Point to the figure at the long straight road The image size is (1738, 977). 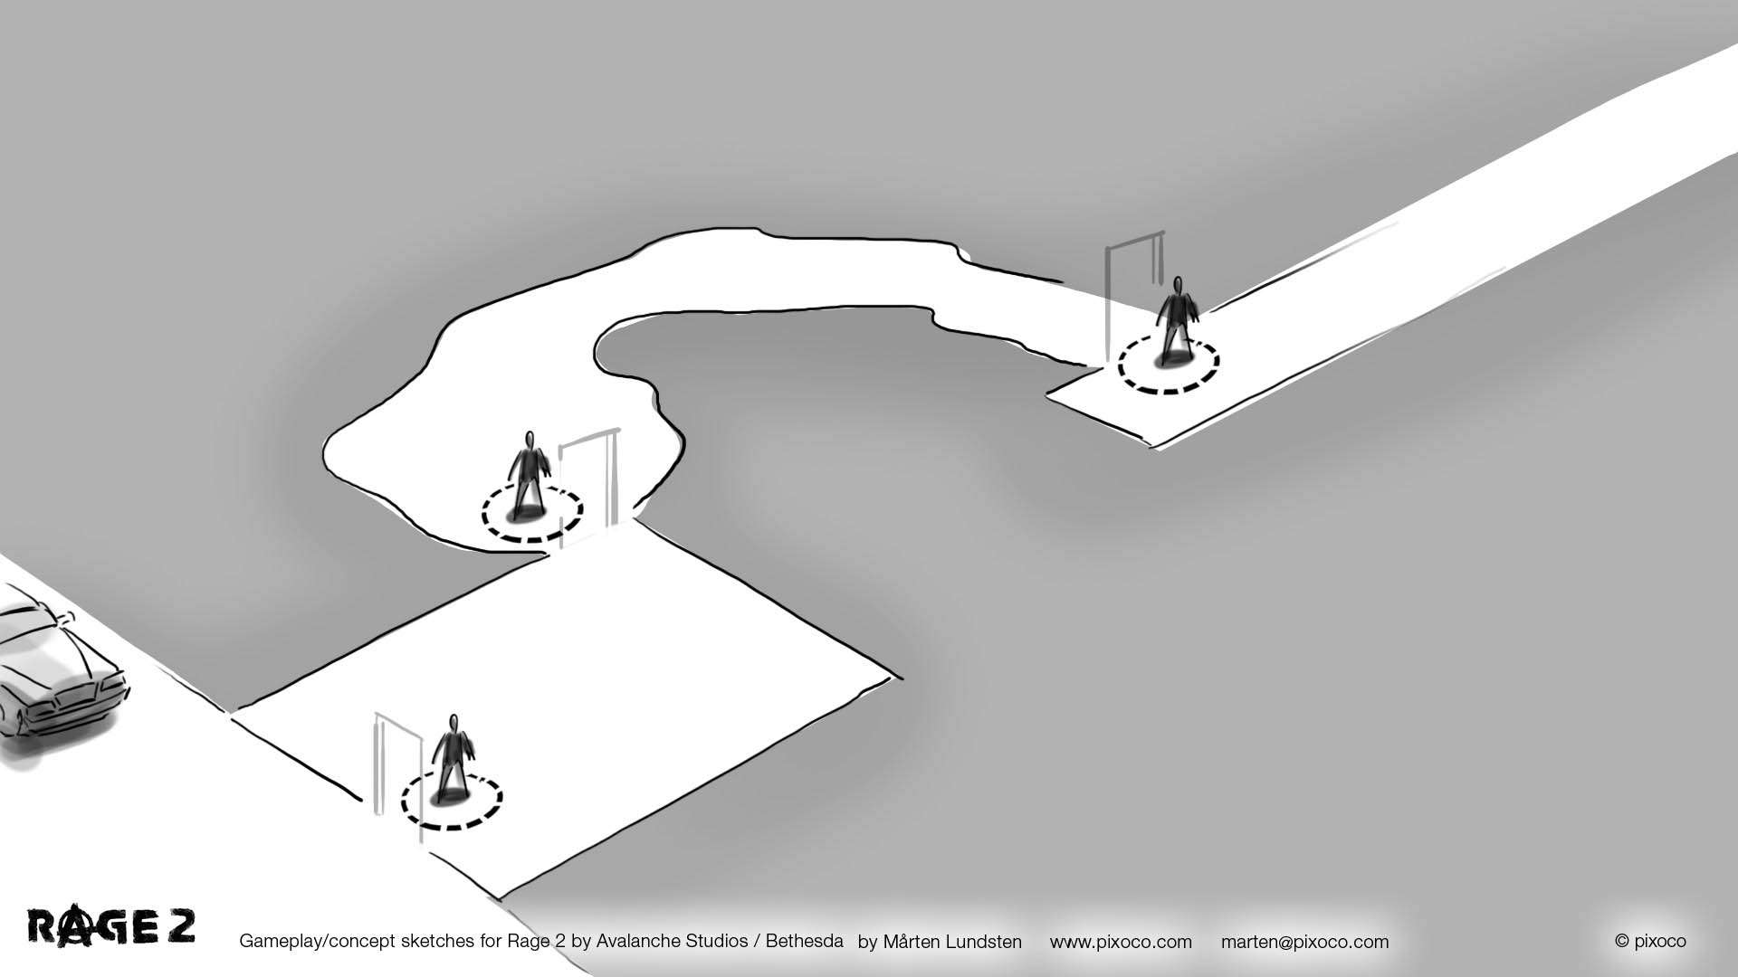pyautogui.click(x=1178, y=321)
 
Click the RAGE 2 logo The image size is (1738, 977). pyautogui.click(x=111, y=927)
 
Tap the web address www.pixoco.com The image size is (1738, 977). pyautogui.click(x=1121, y=942)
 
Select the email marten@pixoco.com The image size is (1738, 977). pyautogui.click(x=1304, y=942)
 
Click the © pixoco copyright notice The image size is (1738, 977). pyautogui.click(x=1650, y=941)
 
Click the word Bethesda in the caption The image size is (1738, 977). pyautogui.click(x=804, y=941)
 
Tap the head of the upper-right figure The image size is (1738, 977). pyautogui.click(x=1178, y=285)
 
